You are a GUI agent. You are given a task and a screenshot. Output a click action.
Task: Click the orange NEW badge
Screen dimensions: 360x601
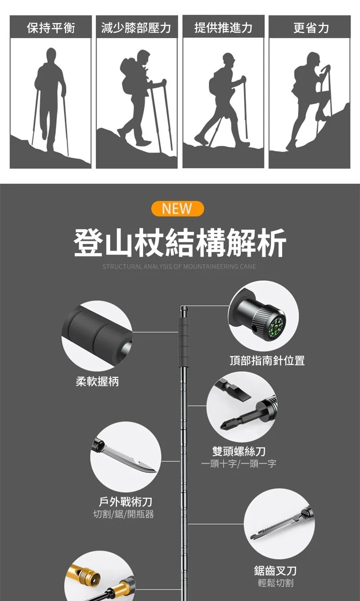[x=178, y=208]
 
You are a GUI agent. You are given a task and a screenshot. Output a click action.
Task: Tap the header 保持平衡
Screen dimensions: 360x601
[x=51, y=27]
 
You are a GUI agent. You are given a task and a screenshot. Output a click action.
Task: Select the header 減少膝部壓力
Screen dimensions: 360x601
[x=136, y=27]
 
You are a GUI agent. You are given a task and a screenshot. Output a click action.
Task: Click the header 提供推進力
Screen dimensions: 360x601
[x=223, y=27]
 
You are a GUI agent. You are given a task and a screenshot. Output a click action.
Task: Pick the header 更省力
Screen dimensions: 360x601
[x=311, y=27]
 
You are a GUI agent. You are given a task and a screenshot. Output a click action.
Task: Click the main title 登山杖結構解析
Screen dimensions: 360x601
[x=180, y=243]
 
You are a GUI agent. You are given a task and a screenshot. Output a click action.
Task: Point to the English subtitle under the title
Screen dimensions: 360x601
[x=179, y=267]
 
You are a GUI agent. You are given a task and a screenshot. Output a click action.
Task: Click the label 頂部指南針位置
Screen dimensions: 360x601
[x=267, y=360]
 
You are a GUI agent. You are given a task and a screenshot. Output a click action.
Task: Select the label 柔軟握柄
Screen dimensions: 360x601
[x=97, y=381]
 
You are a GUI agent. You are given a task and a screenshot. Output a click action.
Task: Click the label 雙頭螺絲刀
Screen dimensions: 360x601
[x=239, y=451]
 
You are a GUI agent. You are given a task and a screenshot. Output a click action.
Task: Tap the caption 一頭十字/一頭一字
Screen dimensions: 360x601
[x=238, y=464]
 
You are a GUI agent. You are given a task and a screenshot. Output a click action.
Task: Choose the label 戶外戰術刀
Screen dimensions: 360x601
[x=126, y=502]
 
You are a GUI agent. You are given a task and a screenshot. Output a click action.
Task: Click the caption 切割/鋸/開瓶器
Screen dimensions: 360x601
[x=124, y=514]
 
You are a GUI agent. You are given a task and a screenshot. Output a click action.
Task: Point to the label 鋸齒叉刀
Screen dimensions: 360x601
[x=275, y=571]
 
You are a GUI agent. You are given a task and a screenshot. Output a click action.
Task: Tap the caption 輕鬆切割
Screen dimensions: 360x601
[x=275, y=583]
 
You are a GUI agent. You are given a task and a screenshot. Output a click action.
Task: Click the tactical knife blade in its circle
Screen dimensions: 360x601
[x=129, y=459]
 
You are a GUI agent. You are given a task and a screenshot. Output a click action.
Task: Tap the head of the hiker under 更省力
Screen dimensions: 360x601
[x=313, y=59]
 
